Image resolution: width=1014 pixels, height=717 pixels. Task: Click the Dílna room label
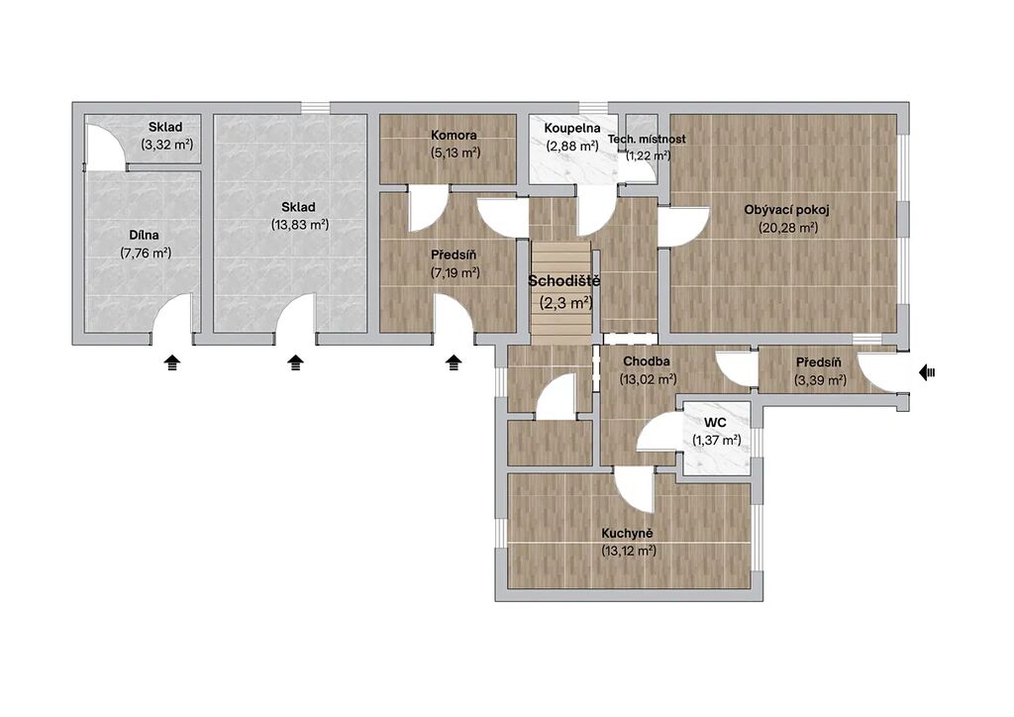click(x=144, y=236)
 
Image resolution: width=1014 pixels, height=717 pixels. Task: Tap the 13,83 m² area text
click(x=300, y=225)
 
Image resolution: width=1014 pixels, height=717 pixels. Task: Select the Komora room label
click(x=454, y=135)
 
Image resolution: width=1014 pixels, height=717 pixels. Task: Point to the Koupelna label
click(x=571, y=128)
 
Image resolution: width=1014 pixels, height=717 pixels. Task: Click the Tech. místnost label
click(x=647, y=139)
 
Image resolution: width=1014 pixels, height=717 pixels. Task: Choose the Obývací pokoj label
click(x=786, y=210)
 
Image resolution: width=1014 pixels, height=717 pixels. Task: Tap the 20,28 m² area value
click(x=787, y=228)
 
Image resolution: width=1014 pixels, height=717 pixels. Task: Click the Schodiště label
click(x=563, y=281)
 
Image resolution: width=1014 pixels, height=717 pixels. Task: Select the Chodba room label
click(x=646, y=361)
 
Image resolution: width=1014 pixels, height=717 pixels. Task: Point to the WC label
click(x=715, y=423)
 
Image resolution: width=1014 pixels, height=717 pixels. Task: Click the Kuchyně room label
click(x=627, y=534)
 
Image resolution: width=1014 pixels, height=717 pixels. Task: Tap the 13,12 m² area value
click(x=629, y=552)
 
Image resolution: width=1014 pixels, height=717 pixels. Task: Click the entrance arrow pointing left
click(x=927, y=372)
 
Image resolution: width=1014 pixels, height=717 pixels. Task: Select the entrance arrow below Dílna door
click(x=171, y=362)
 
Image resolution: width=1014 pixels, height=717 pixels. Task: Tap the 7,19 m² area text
click(x=456, y=272)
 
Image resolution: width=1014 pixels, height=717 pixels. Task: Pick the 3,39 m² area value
click(x=820, y=381)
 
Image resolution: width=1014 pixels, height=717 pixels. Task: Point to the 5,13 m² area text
click(x=456, y=154)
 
